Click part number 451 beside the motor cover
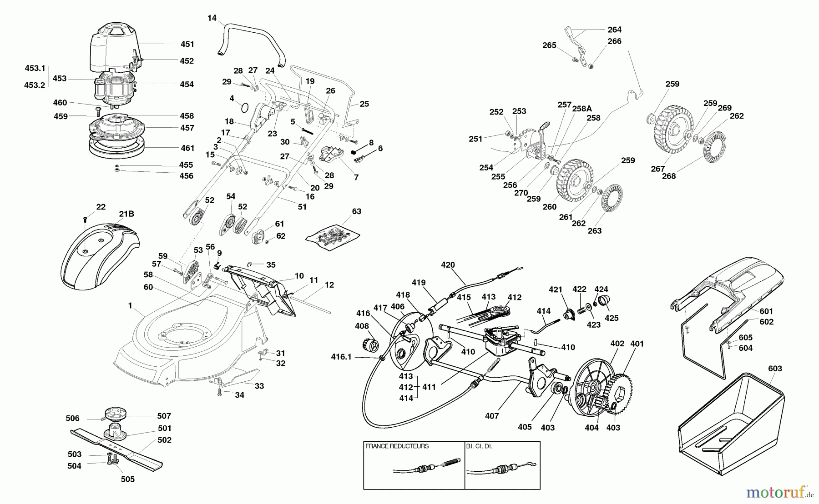(x=187, y=45)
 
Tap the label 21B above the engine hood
(x=126, y=214)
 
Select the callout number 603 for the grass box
(x=775, y=369)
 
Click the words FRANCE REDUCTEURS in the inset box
(x=397, y=446)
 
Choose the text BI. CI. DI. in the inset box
(x=479, y=446)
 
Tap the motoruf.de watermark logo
(x=781, y=491)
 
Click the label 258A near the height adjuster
(x=582, y=108)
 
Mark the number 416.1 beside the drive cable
(x=341, y=357)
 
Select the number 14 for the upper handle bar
(x=212, y=18)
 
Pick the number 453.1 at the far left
(x=35, y=69)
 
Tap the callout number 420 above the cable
(x=448, y=265)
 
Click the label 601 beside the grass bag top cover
(x=766, y=311)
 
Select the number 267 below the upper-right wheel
(x=657, y=169)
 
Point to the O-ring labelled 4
(x=244, y=108)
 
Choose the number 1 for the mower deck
(x=130, y=306)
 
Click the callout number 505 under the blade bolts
(x=127, y=479)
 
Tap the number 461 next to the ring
(x=187, y=148)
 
